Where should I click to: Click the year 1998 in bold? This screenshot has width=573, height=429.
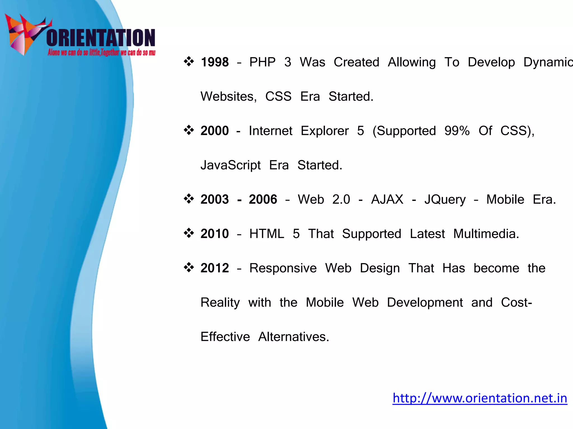tap(215, 62)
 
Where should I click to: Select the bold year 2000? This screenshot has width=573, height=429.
tap(215, 131)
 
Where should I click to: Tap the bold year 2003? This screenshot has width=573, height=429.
tap(215, 200)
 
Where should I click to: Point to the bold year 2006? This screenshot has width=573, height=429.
tap(263, 200)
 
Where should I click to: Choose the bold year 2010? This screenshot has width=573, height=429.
tap(215, 234)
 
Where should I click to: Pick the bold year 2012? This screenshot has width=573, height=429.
tap(215, 268)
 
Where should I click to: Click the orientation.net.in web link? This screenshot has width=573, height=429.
tap(480, 398)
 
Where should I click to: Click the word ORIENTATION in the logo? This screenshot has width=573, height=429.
tap(101, 38)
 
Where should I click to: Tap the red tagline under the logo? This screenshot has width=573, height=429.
tap(101, 53)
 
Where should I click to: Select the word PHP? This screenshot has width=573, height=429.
tap(262, 62)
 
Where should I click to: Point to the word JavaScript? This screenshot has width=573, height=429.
tap(231, 165)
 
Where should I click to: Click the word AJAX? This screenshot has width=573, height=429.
tap(387, 200)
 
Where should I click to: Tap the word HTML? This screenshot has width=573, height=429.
tap(267, 234)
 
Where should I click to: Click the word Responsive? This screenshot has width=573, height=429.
tap(283, 268)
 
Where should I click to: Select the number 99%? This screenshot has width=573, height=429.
tap(457, 131)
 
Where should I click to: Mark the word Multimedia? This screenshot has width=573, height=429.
tap(486, 234)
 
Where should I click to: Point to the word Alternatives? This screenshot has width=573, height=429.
tap(293, 337)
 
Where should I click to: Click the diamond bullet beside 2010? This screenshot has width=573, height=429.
tap(189, 233)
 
